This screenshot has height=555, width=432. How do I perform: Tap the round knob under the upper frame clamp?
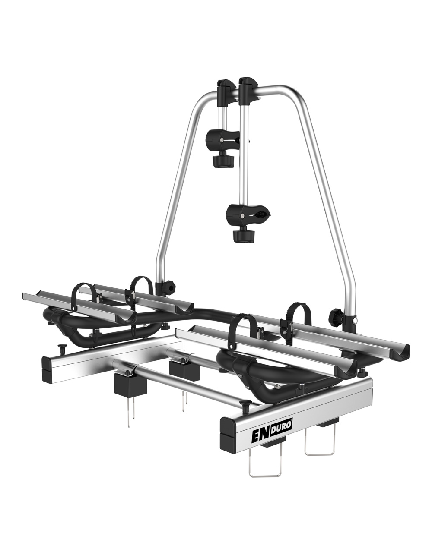click(223, 160)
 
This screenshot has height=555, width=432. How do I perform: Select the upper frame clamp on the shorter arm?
click(223, 140)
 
